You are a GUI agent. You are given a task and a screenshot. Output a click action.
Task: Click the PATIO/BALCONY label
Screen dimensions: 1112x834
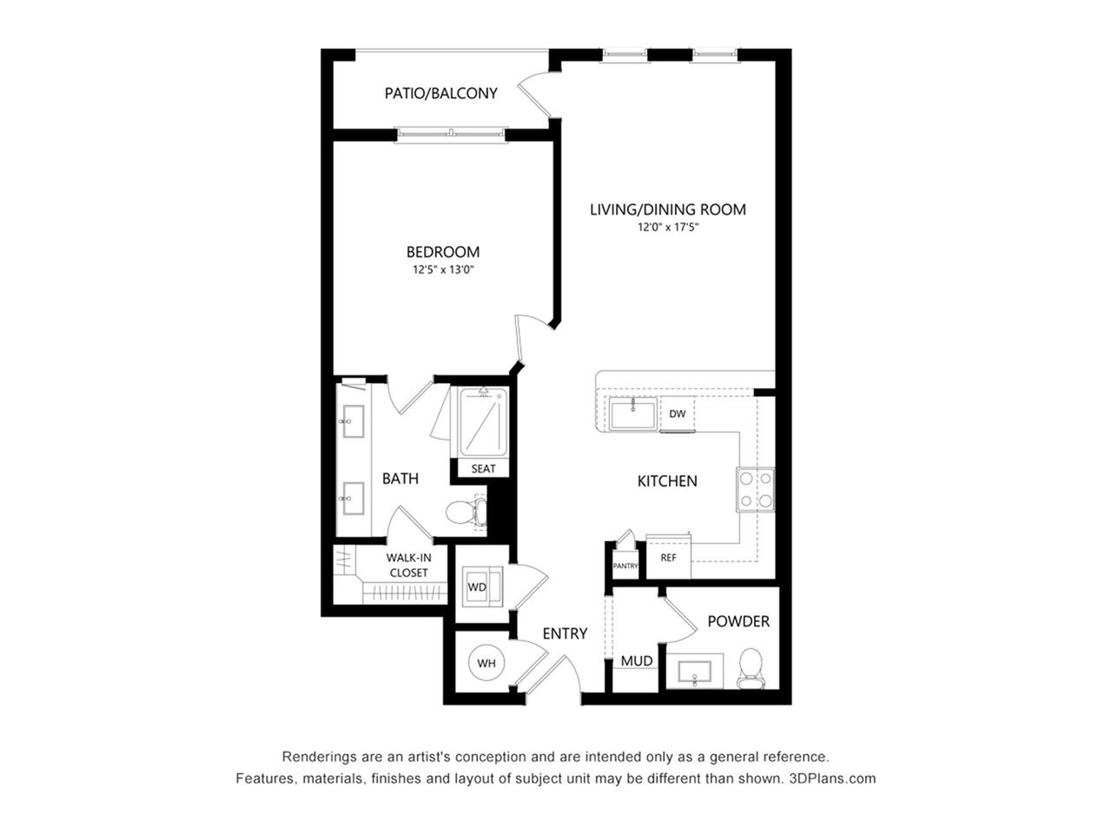tap(440, 93)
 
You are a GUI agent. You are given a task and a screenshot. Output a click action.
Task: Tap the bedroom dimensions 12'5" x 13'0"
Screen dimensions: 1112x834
tap(443, 269)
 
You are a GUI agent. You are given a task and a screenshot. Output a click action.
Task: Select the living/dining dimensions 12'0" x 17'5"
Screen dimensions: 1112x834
tap(668, 227)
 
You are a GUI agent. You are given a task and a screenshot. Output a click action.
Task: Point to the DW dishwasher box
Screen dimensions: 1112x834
tap(678, 414)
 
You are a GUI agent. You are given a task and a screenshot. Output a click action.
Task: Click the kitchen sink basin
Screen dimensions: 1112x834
tap(633, 414)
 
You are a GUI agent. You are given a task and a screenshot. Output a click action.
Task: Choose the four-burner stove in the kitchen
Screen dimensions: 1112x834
tap(755, 490)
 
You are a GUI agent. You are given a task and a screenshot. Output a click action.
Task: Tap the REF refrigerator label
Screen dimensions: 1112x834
tap(668, 558)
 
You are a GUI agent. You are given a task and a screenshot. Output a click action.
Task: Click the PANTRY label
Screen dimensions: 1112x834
tap(625, 566)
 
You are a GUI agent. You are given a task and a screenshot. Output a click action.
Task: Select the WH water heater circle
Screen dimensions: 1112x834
tap(486, 663)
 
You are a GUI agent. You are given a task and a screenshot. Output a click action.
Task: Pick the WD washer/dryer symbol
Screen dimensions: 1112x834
tap(482, 587)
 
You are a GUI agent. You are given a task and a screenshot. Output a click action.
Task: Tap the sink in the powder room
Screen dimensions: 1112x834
tap(694, 672)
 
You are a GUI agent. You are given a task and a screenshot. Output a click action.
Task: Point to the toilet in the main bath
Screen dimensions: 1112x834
tap(466, 513)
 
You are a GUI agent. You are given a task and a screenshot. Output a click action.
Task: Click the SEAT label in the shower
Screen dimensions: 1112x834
tap(483, 469)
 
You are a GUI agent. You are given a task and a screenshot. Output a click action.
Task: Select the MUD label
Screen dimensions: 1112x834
tap(637, 661)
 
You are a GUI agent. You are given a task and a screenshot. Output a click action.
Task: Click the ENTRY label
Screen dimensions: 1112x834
tap(565, 633)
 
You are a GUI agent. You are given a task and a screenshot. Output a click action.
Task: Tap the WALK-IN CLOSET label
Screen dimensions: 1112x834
tap(408, 565)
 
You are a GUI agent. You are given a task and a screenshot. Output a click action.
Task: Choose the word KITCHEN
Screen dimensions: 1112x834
tap(666, 481)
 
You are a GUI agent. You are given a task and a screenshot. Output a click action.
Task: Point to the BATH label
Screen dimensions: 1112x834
tap(400, 479)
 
